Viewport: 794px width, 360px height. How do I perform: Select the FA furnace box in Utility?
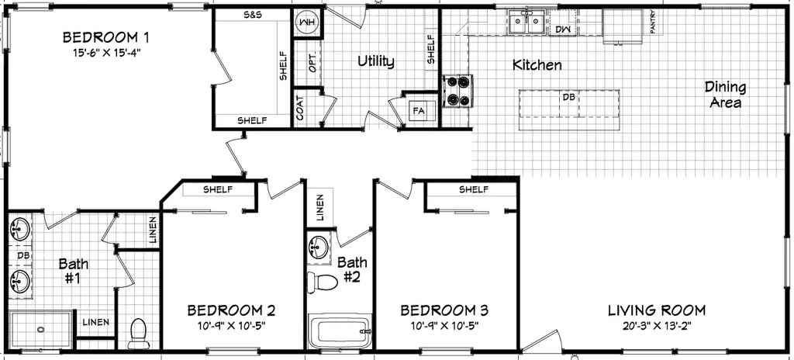419,111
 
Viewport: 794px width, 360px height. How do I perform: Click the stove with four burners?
457,90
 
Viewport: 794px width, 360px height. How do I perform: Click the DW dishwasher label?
562,29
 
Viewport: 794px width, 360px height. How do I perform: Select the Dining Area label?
725,94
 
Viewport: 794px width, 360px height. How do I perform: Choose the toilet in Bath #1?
140,332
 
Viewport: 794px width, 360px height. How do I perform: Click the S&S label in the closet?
252,16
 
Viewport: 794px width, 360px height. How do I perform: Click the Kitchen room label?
537,65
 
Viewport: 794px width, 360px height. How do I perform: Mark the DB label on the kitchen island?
568,97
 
